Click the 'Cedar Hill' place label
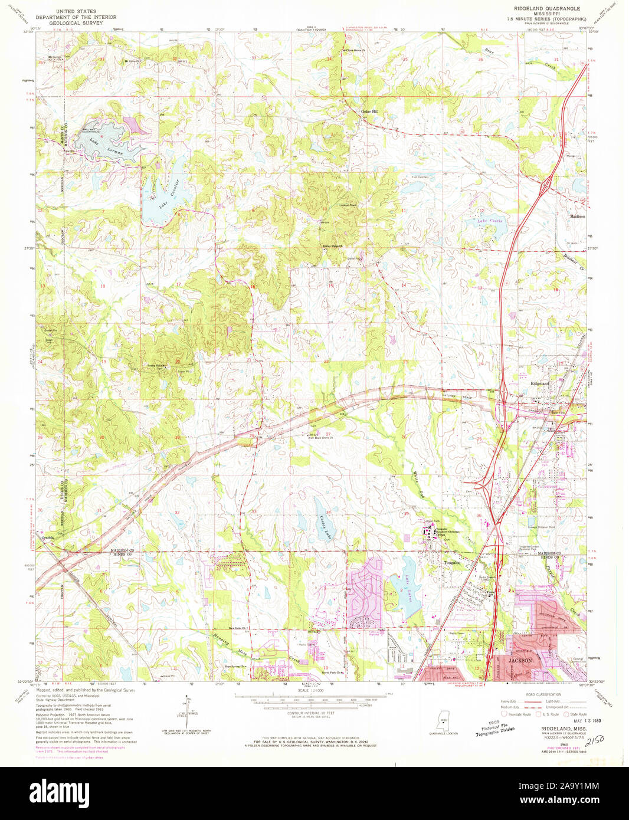pyautogui.click(x=370, y=111)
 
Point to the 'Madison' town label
pyautogui.click(x=577, y=217)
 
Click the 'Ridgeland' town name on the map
pyautogui.click(x=539, y=383)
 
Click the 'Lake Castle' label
pyautogui.click(x=490, y=221)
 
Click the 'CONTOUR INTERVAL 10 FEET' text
pyautogui.click(x=310, y=713)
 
